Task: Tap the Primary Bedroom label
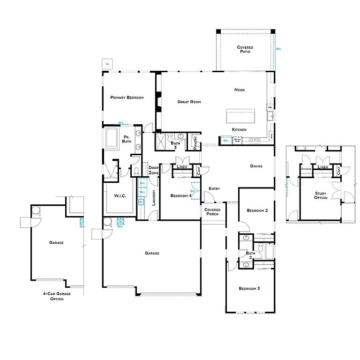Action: click(x=127, y=97)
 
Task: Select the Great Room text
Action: click(x=189, y=102)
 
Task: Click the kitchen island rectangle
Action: click(x=240, y=115)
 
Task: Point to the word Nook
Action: click(x=240, y=90)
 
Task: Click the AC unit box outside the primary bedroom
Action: click(x=107, y=63)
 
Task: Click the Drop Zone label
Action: click(x=154, y=170)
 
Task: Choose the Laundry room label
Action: click(x=154, y=198)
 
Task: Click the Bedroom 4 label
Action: click(x=181, y=195)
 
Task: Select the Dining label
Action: click(x=256, y=166)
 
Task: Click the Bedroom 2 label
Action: click(x=257, y=210)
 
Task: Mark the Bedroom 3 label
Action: click(x=249, y=288)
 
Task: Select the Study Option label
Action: click(x=321, y=195)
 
